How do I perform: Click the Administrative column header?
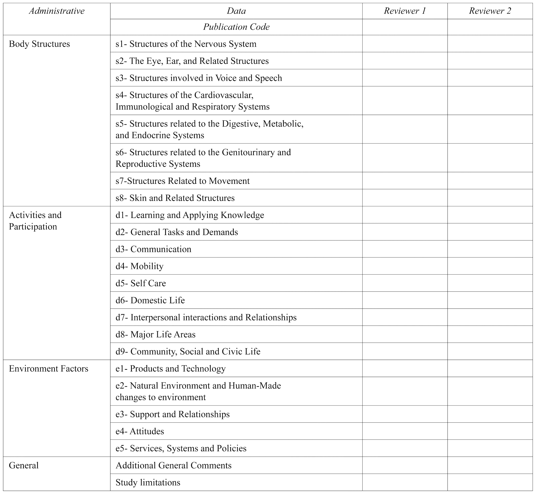point(57,11)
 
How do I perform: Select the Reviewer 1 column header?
point(405,11)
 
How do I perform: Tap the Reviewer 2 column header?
point(490,11)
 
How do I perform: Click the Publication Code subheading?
point(236,27)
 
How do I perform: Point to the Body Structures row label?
point(39,44)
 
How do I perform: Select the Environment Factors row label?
point(48,369)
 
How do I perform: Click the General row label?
point(24,466)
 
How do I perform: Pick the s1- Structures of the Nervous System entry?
point(186,44)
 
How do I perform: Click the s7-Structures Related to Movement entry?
point(182,181)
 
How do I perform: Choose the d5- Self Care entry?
point(141,283)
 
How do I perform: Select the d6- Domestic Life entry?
point(150,300)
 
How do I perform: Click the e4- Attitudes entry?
point(140,431)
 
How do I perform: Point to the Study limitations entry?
point(148,483)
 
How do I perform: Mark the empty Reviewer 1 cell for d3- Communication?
point(405,249)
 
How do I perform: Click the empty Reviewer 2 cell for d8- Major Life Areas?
point(490,334)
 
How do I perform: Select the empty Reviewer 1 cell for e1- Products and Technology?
point(405,368)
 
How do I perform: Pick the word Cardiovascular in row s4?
point(224,95)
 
